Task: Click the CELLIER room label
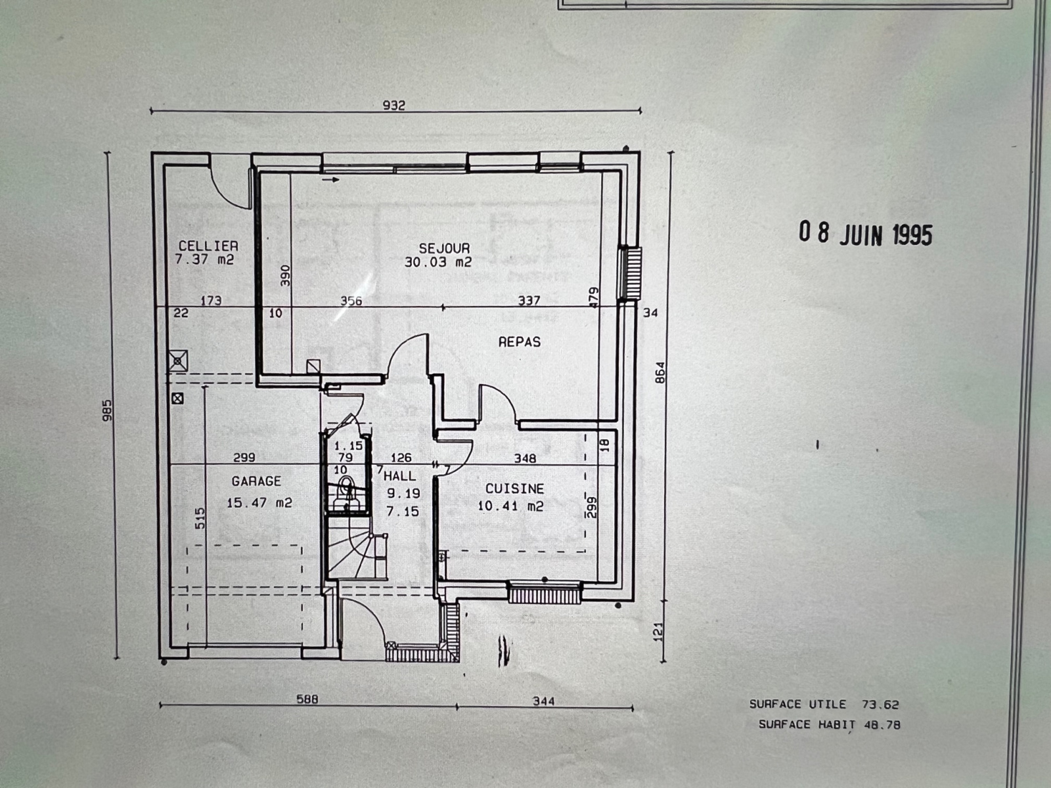[x=208, y=246]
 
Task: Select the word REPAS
[x=520, y=341]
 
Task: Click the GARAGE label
[x=256, y=481]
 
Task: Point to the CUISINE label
[x=515, y=489]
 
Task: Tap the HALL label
[x=400, y=476]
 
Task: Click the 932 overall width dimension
[x=394, y=105]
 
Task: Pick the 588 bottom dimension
[x=307, y=699]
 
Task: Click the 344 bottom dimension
[x=544, y=701]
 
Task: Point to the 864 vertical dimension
[x=660, y=373]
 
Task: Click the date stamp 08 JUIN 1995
[x=866, y=234]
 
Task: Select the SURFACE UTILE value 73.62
[x=881, y=704]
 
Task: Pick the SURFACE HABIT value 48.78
[x=882, y=725]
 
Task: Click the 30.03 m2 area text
[x=438, y=262]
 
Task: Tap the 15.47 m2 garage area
[x=259, y=503]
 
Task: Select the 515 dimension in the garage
[x=200, y=518]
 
